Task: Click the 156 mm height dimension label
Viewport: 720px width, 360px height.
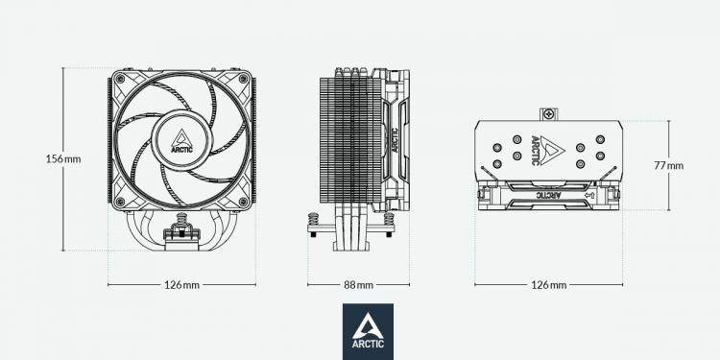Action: (x=63, y=159)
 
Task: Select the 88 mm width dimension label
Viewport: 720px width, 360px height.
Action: (x=359, y=285)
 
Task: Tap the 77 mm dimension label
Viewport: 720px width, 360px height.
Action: (x=668, y=166)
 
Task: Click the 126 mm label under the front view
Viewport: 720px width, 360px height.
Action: (x=181, y=285)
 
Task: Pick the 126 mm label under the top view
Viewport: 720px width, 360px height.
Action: (x=549, y=285)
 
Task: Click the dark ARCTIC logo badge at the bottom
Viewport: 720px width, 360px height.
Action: (x=368, y=331)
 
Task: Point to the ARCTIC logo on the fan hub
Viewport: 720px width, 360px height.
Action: (x=181, y=140)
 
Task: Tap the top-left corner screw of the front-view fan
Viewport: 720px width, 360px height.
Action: (x=120, y=79)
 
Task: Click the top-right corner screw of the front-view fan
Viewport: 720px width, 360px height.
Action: (x=244, y=79)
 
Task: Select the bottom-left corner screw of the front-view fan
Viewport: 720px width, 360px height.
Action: (x=120, y=202)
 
